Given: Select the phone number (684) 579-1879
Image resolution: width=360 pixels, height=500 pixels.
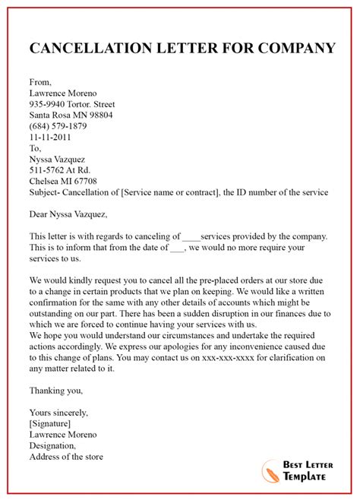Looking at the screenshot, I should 58,127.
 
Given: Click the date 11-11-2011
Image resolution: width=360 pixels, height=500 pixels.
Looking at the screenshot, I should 52,138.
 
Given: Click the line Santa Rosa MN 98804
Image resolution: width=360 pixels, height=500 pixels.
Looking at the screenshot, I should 71,116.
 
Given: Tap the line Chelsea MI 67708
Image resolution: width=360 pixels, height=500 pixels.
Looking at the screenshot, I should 63,182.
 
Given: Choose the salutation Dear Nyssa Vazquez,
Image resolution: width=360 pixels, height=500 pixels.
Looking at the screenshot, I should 68,215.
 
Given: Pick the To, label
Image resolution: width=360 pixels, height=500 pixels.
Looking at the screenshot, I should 36,149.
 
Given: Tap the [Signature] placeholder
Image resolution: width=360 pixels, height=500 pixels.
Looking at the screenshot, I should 50,424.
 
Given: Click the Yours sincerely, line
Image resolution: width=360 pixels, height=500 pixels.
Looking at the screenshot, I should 59,413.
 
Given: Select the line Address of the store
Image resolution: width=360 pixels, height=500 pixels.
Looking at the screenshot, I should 66,457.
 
